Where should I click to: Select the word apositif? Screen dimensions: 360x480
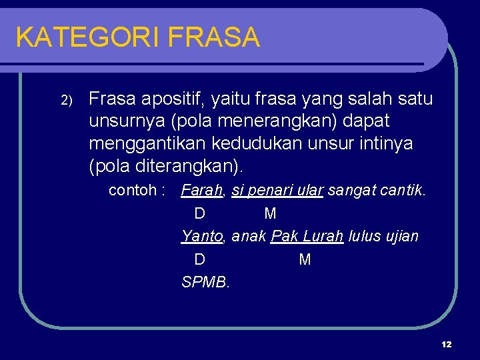pyautogui.click(x=169, y=99)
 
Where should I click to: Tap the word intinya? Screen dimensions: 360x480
pyautogui.click(x=385, y=143)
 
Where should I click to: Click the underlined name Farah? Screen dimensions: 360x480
pyautogui.click(x=203, y=190)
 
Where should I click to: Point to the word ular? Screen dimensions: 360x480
pyautogui.click(x=310, y=190)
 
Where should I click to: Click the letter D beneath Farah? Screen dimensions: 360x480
pyautogui.click(x=199, y=213)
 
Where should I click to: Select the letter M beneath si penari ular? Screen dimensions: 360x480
pyautogui.click(x=270, y=213)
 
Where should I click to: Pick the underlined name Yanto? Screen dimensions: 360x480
pyautogui.click(x=203, y=236)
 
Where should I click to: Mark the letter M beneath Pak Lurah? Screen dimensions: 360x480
pyautogui.click(x=305, y=259)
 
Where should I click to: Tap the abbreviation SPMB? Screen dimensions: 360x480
pyautogui.click(x=205, y=282)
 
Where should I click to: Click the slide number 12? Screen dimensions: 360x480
pyautogui.click(x=446, y=344)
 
